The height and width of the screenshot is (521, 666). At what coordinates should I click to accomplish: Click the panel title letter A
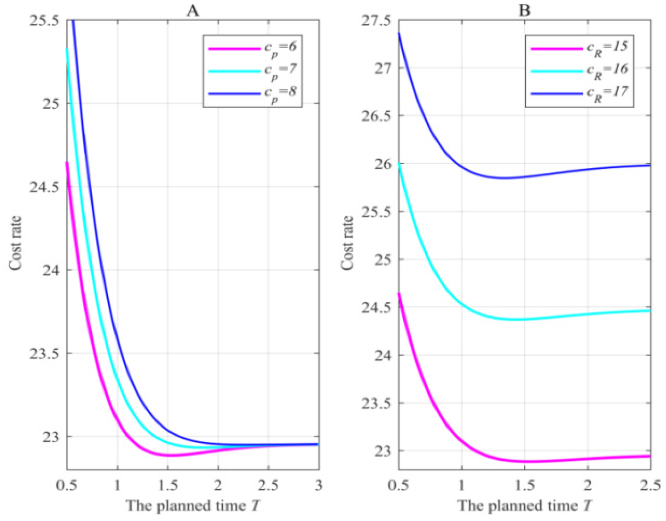pos(193,11)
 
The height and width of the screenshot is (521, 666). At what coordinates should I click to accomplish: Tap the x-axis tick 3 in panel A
pos(318,485)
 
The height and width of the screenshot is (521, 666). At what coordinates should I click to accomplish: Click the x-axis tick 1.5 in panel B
pos(525,485)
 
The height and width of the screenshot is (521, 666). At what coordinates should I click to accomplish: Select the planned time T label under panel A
pos(193,505)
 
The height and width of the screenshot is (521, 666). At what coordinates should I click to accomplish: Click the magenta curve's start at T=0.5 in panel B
pos(399,293)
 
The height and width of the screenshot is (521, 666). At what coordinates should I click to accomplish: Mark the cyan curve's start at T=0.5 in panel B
pos(399,164)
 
